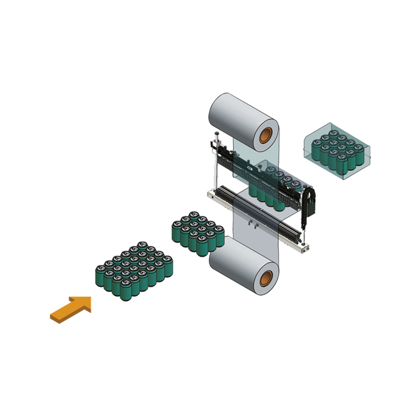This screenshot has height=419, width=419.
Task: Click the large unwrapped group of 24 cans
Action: [134, 271]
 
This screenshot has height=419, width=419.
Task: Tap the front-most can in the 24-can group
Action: [125, 291]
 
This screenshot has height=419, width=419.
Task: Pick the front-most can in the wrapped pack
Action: [343, 164]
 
